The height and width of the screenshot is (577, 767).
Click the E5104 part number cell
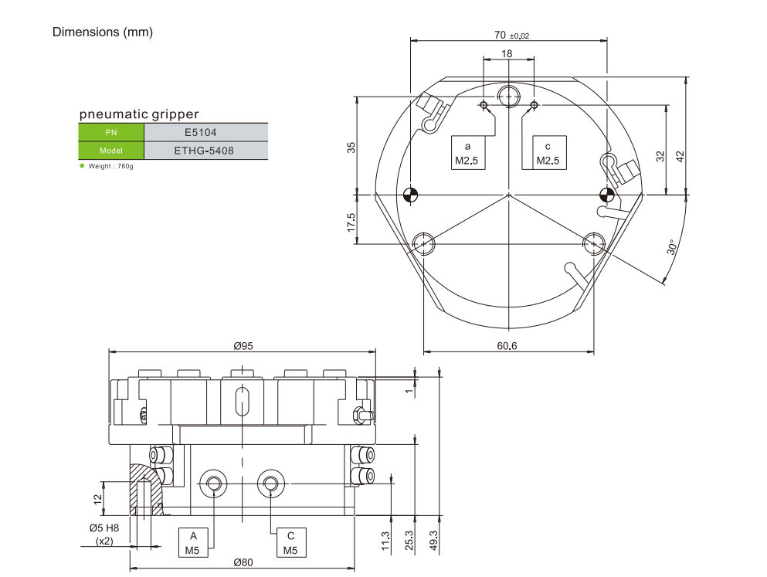click(205, 132)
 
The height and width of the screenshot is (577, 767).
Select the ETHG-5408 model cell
click(205, 151)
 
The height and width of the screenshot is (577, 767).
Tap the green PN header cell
click(110, 132)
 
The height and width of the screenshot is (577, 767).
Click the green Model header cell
click(110, 151)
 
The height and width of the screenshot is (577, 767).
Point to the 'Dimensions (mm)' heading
click(102, 32)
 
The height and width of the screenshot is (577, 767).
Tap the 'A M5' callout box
click(193, 543)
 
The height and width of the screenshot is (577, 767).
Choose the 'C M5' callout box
click(290, 543)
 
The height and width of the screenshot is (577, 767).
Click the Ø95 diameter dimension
click(243, 346)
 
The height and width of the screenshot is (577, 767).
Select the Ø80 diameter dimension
click(243, 562)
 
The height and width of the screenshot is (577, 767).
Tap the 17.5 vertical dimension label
click(351, 223)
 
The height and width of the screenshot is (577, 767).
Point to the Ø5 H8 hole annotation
click(104, 528)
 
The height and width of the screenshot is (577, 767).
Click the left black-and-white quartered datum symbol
click(410, 194)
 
